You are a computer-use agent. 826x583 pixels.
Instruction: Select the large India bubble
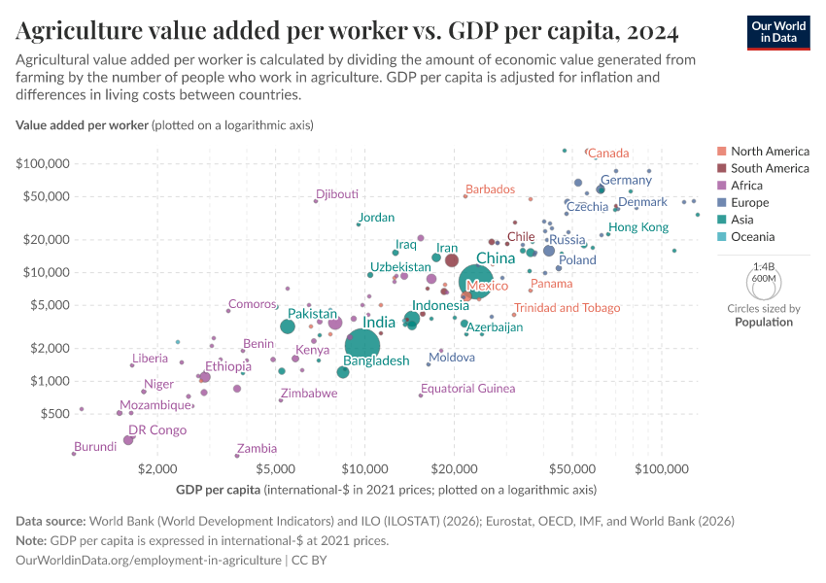point(362,345)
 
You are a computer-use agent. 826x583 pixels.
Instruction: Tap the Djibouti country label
point(337,193)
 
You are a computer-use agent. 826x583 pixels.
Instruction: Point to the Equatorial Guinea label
point(467,389)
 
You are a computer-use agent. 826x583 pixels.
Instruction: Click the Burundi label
point(95,447)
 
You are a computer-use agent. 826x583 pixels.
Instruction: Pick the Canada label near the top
point(609,153)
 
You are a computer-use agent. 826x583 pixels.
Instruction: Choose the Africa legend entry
point(748,186)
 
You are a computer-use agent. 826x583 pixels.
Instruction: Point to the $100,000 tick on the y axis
point(41,163)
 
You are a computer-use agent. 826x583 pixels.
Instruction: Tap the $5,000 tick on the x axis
point(276,470)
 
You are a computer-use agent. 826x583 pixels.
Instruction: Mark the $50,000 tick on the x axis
point(572,470)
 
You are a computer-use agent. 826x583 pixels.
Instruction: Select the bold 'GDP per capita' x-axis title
point(218,489)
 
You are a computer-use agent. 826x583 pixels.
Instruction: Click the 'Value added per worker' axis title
point(82,125)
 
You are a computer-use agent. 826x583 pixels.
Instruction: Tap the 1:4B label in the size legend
point(764,265)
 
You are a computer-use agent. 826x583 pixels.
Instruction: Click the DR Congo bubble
point(128,440)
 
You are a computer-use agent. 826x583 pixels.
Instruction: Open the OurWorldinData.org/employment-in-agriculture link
point(149,561)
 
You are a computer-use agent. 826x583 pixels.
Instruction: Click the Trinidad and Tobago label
point(567,308)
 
